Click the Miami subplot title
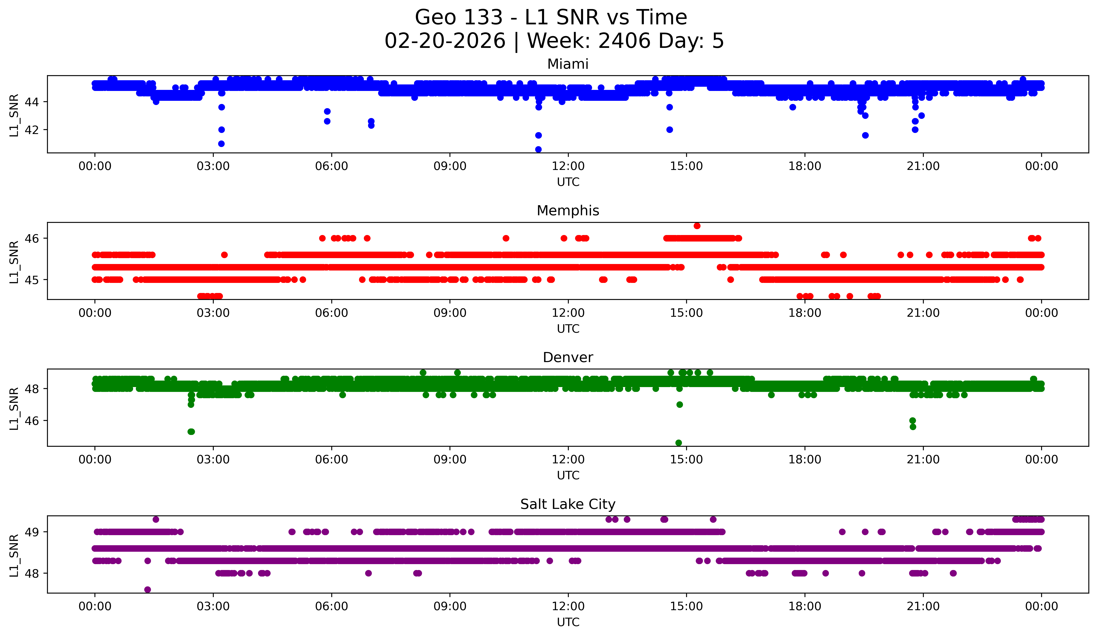coord(568,64)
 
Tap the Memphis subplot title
coord(568,211)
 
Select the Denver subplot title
coord(568,357)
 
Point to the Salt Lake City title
coord(568,504)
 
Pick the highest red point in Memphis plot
coord(697,226)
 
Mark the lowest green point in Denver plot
coord(678,443)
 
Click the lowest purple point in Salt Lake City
coord(148,590)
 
